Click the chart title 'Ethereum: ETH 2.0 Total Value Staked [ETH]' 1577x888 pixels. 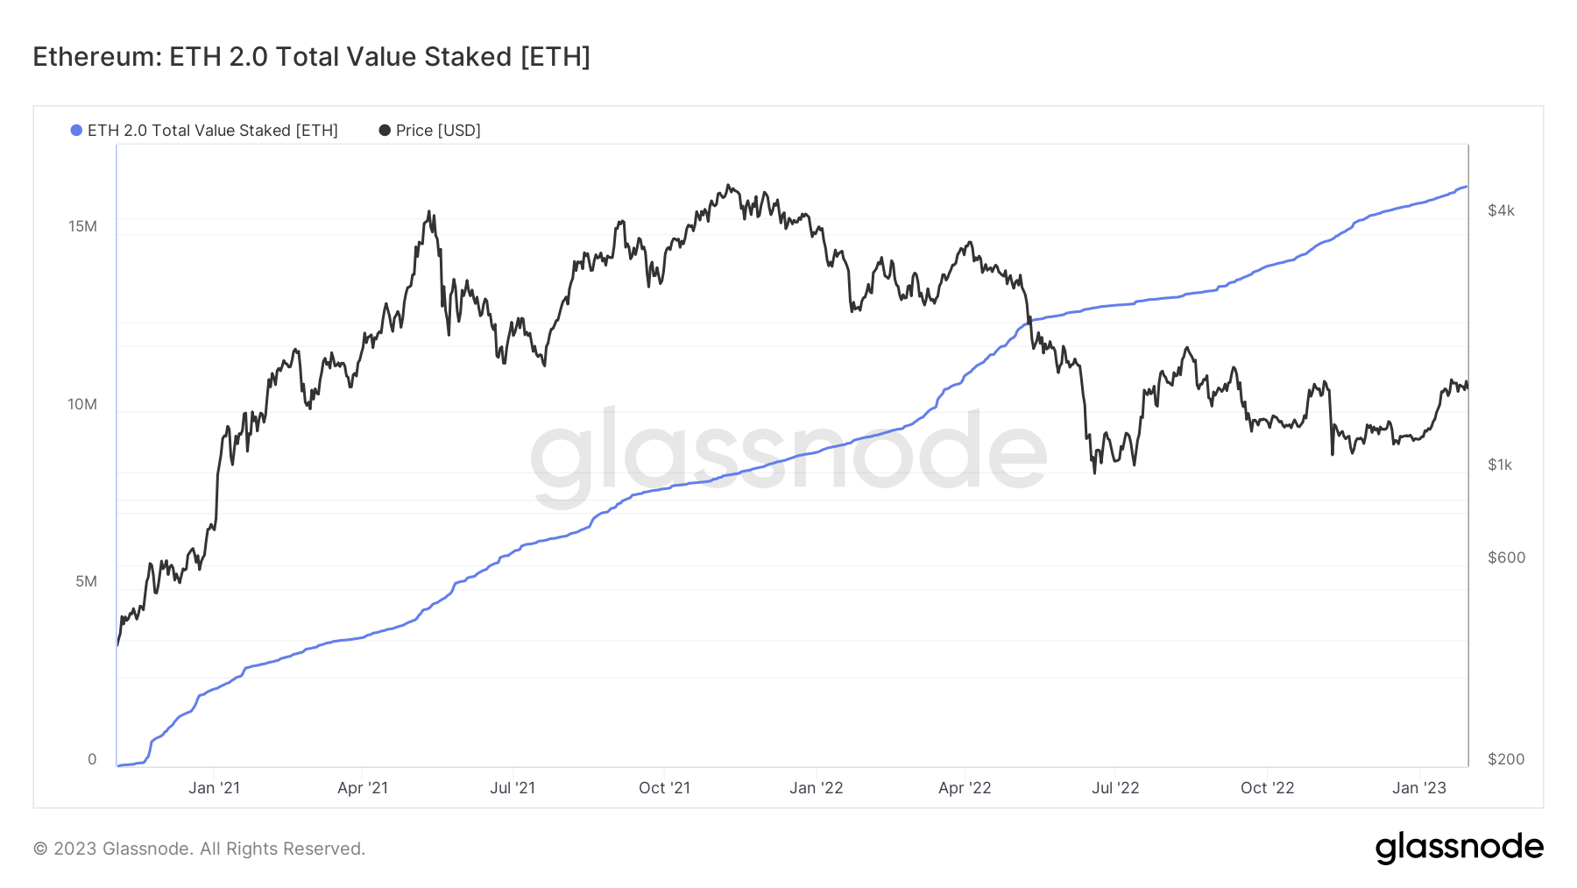pos(311,57)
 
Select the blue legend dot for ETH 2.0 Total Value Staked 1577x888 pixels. pos(76,131)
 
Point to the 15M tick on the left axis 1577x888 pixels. pos(82,227)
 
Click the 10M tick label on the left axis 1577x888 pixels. pos(82,405)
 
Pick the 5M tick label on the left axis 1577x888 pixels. pos(86,582)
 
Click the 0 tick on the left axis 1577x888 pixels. pos(92,760)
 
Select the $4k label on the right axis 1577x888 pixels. pos(1501,210)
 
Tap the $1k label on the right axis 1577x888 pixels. pos(1500,465)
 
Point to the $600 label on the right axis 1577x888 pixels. pos(1506,558)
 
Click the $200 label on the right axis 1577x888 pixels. pos(1506,759)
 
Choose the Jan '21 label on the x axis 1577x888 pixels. pos(214,788)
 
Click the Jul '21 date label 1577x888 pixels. pos(513,788)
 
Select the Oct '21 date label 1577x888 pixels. pos(664,788)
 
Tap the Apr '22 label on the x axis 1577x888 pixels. pos(965,788)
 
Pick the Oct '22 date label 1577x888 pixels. pos(1267,788)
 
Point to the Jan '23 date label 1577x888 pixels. pos(1419,788)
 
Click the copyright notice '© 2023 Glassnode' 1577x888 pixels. pos(199,849)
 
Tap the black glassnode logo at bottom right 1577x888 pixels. pos(1459,848)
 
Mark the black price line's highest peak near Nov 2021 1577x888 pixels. pos(728,186)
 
